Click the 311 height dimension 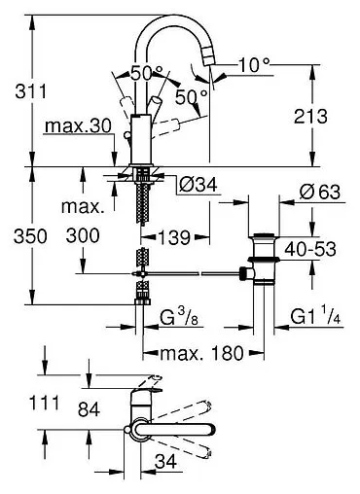(x=31, y=91)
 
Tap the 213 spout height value (x=310, y=117)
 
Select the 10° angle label (x=254, y=65)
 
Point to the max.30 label (x=78, y=125)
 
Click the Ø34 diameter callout (x=198, y=185)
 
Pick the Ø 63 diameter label (x=320, y=193)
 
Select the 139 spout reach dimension (x=174, y=237)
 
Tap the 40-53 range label (x=310, y=250)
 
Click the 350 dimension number (x=30, y=236)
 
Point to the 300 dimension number (x=83, y=235)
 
